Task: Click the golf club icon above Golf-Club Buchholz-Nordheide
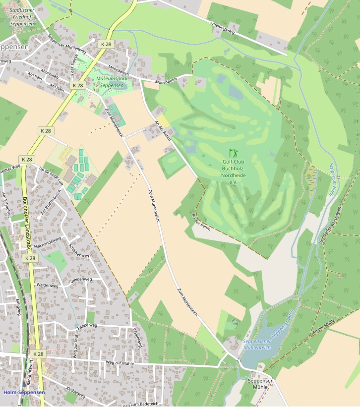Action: [x=233, y=153]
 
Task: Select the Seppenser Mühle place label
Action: [x=260, y=383]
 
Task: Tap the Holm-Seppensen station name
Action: [x=24, y=392]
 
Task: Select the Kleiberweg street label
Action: [x=75, y=392]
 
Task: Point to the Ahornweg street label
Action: [x=50, y=73]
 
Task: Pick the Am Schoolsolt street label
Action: [x=6, y=205]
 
